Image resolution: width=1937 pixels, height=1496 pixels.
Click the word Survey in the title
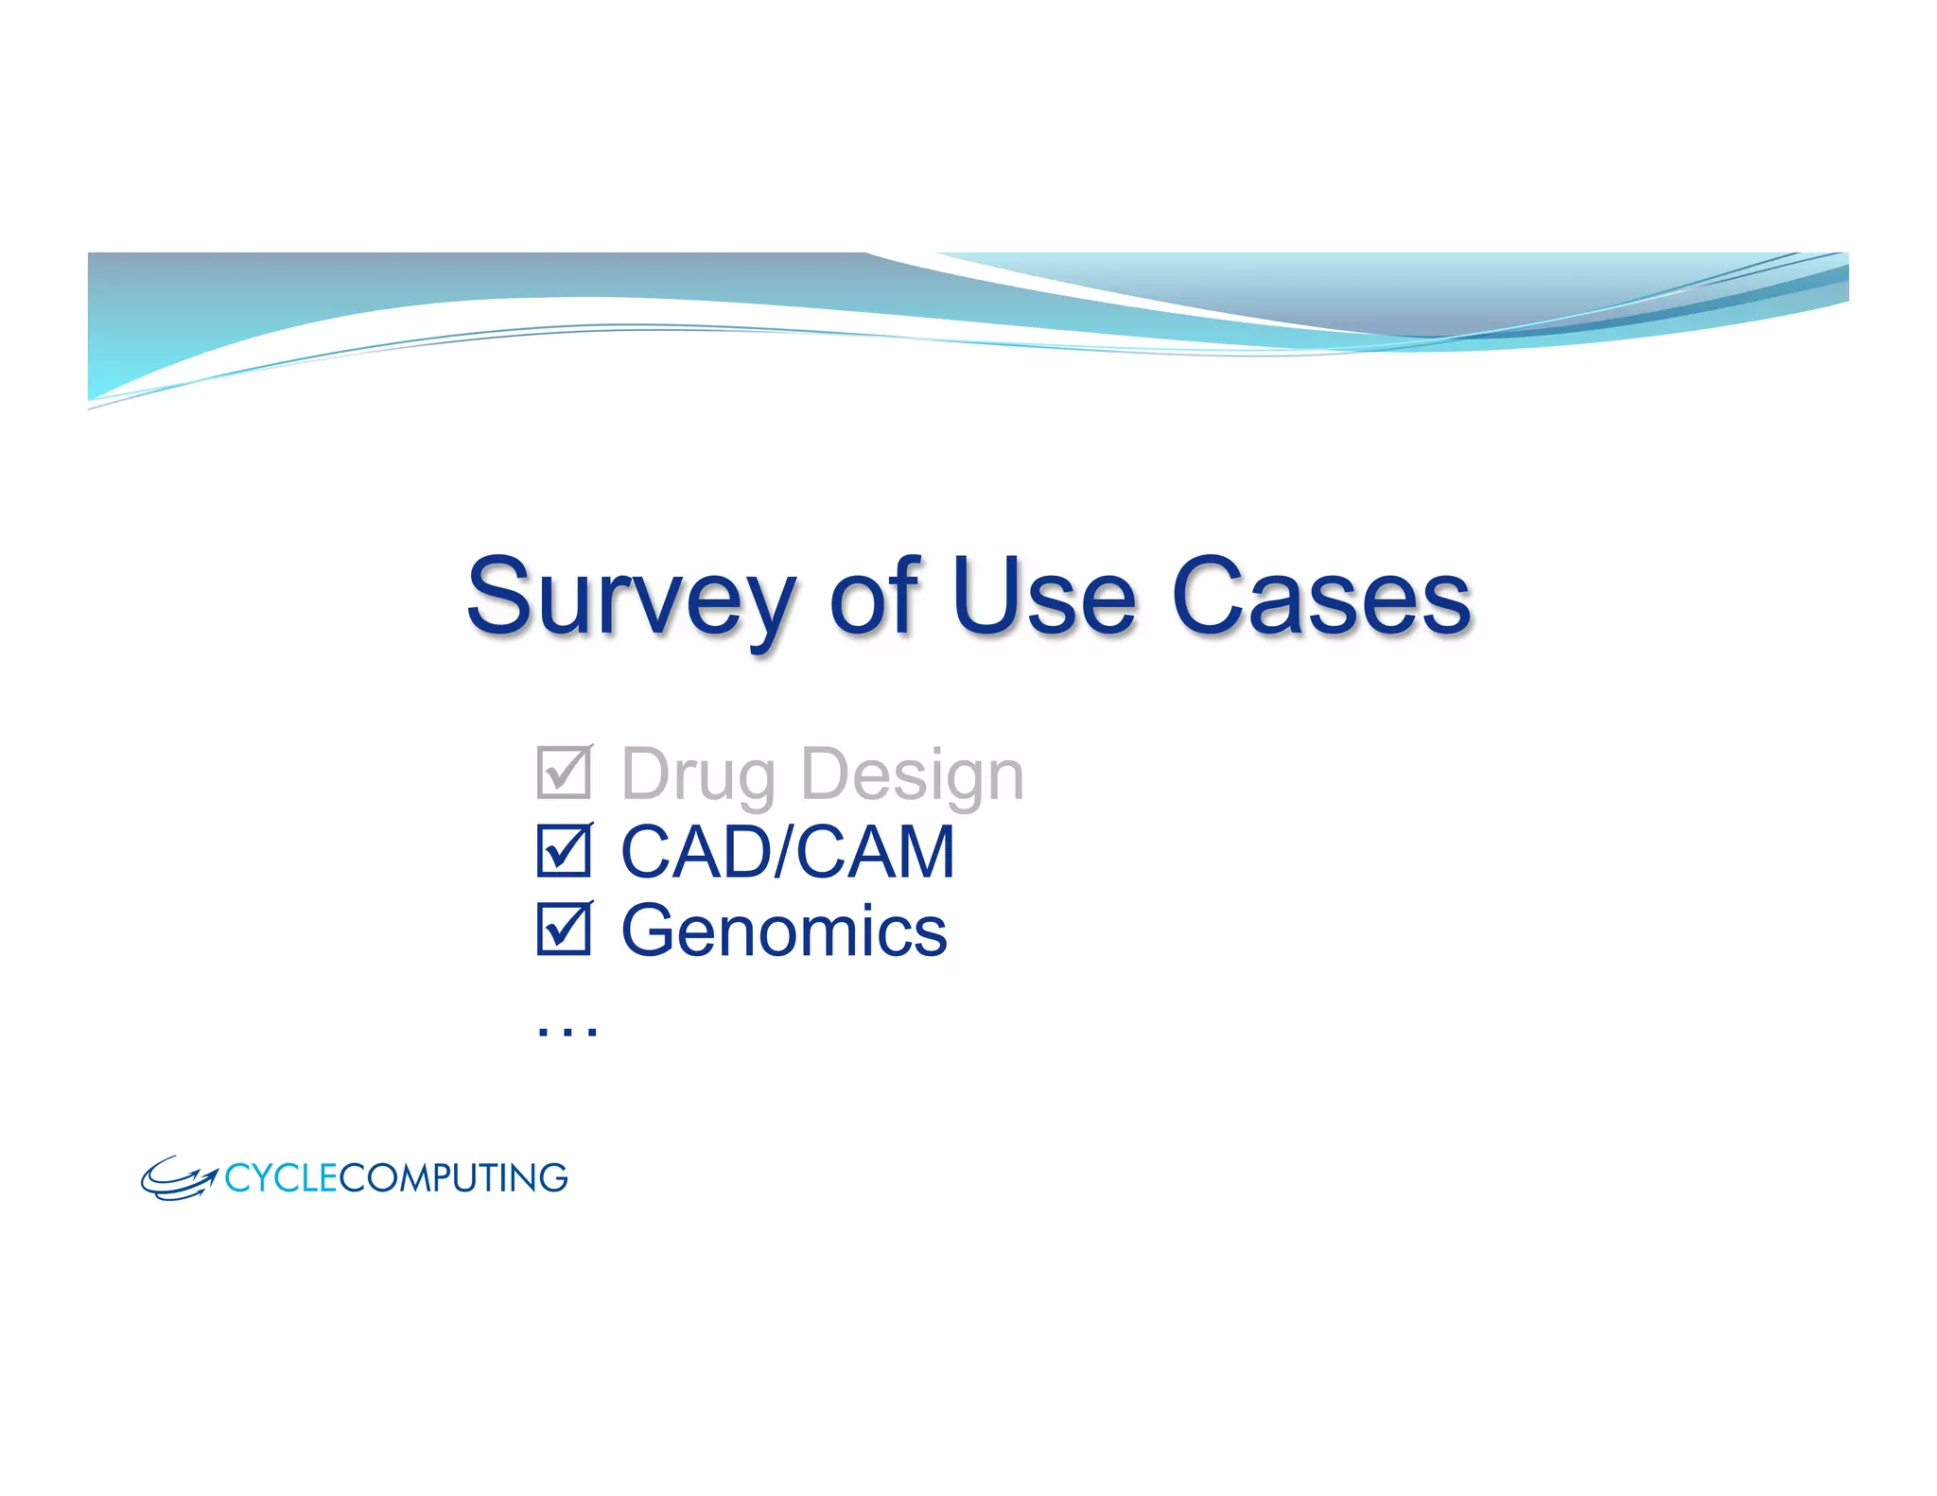click(x=630, y=598)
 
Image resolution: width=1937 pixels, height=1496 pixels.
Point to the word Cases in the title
click(x=1321, y=598)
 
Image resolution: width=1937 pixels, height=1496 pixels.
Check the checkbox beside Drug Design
click(x=564, y=773)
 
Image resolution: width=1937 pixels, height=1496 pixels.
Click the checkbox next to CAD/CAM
click(x=564, y=850)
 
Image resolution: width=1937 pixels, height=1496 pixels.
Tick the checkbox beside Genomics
click(x=564, y=929)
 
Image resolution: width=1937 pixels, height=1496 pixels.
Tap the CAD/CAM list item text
click(x=787, y=852)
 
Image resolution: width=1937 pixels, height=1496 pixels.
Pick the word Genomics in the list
click(x=783, y=931)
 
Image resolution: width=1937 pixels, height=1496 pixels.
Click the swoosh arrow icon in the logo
click(x=179, y=1178)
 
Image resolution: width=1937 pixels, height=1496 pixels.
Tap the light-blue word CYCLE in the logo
click(x=281, y=1178)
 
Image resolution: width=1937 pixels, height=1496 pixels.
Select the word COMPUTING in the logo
click(x=453, y=1178)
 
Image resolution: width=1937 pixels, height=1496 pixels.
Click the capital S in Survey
click(x=502, y=596)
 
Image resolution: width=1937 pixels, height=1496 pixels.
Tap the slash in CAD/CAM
click(x=784, y=852)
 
